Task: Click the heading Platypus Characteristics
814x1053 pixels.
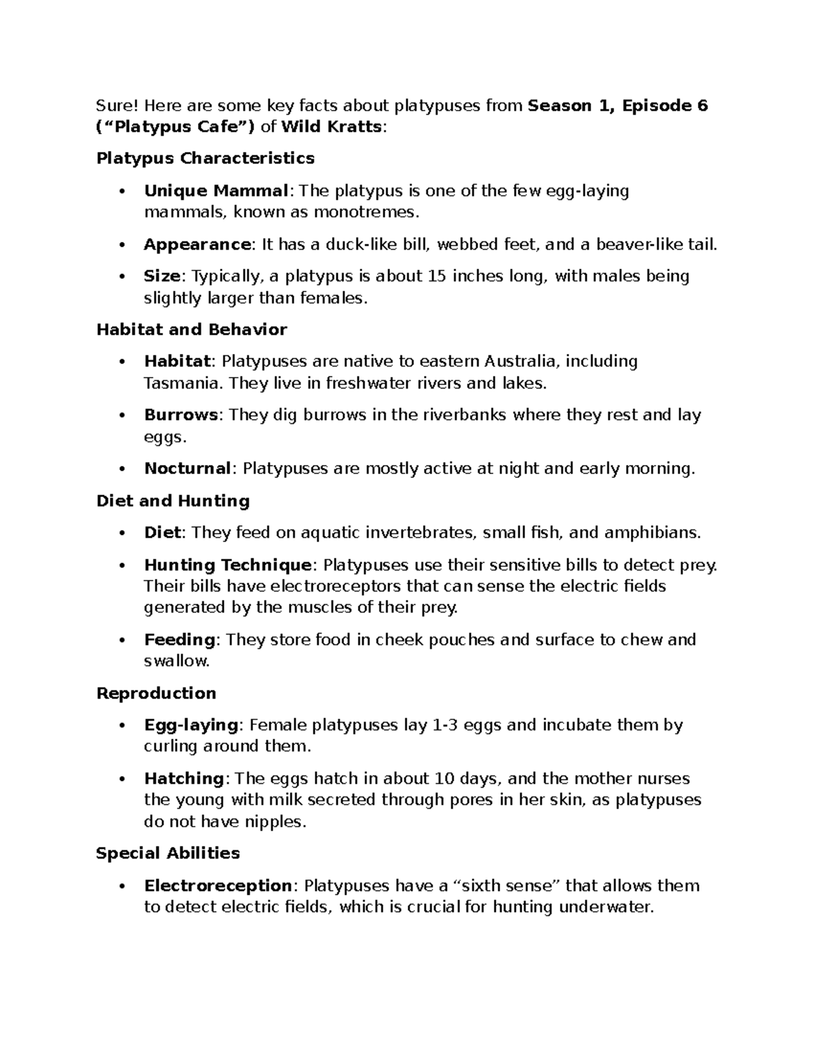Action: pos(206,158)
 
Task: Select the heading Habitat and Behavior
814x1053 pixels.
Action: pos(191,330)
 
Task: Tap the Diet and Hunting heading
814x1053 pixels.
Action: pos(173,501)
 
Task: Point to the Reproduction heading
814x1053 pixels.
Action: pos(156,693)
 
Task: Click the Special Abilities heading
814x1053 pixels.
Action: pos(168,853)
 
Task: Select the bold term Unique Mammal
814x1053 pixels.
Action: pos(216,191)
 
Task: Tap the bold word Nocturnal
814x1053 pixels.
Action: pos(188,469)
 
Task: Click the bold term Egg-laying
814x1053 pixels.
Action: pos(191,725)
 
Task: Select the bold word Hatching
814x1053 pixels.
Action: pos(184,778)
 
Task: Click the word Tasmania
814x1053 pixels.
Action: pos(182,383)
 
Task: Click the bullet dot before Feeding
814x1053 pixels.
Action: pos(121,640)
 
